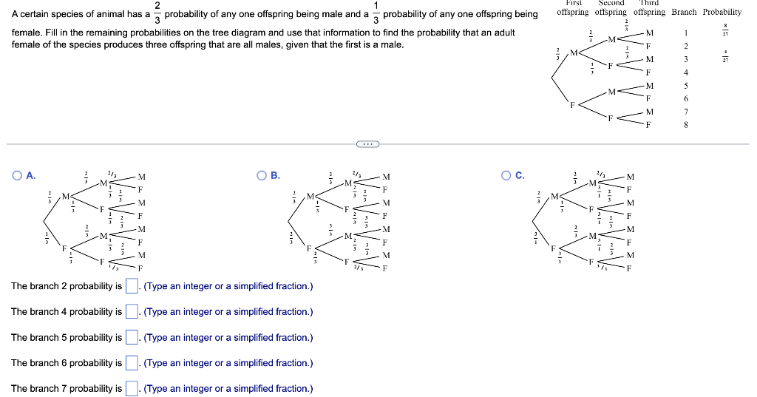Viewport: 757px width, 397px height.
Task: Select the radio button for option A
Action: (x=16, y=175)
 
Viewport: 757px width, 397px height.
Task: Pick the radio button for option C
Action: (x=506, y=175)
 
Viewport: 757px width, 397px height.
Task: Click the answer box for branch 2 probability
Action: (x=132, y=286)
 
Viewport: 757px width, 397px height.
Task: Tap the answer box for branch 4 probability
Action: (x=132, y=311)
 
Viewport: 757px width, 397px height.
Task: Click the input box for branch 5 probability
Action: (x=132, y=337)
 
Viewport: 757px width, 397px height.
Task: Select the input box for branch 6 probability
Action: (x=132, y=363)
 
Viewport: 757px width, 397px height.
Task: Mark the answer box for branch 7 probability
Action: (x=132, y=388)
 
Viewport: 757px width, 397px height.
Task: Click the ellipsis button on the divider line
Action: (x=367, y=144)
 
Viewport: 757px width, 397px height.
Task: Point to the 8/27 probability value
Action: (x=725, y=32)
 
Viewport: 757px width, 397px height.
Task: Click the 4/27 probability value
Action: (x=725, y=58)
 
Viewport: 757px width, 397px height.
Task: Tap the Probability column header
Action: (x=722, y=12)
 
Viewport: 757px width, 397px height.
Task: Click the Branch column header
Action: (x=685, y=12)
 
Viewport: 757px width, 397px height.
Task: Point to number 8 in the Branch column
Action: (x=686, y=125)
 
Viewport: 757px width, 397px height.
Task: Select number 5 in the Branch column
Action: (x=686, y=86)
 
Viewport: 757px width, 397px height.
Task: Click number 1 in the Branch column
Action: (x=686, y=33)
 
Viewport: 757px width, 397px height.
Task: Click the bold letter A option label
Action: (x=30, y=175)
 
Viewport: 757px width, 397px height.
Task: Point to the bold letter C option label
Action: (x=520, y=175)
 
